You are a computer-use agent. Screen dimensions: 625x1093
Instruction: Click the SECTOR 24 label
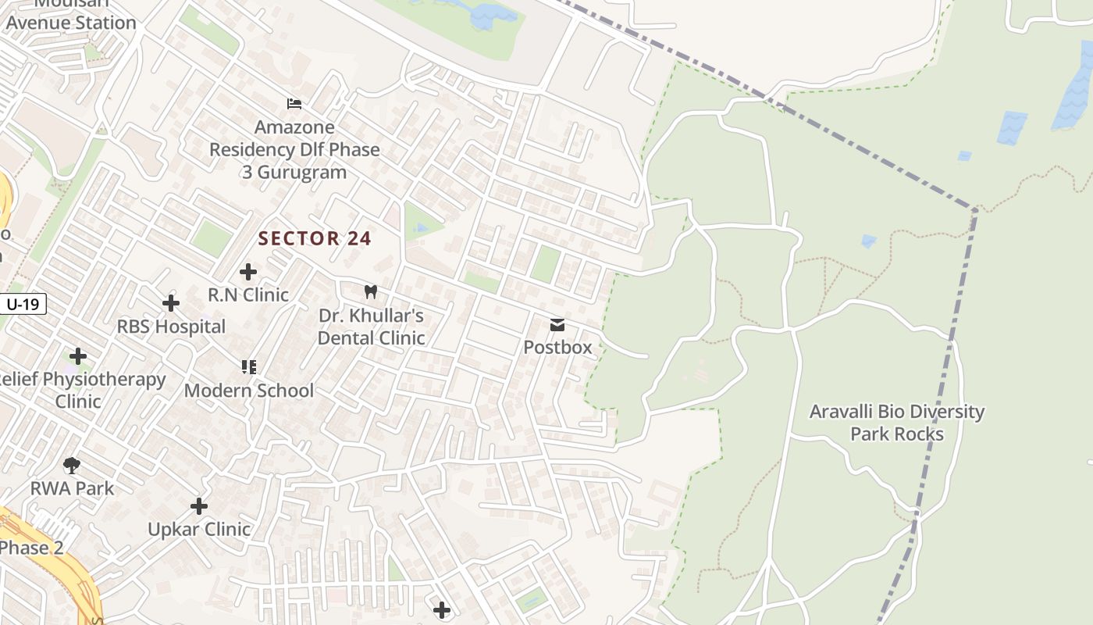pos(315,238)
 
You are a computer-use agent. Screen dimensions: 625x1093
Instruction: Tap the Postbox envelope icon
pos(557,324)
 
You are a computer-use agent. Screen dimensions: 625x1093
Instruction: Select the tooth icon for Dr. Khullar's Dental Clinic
pos(371,292)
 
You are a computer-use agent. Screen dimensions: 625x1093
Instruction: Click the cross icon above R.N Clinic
pos(248,272)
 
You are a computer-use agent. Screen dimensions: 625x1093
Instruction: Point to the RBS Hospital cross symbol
pos(171,303)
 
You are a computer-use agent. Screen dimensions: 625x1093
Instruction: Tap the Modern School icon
pos(249,366)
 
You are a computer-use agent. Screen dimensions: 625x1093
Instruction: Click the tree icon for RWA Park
pos(72,466)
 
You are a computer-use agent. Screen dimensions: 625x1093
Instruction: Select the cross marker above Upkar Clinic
pos(199,506)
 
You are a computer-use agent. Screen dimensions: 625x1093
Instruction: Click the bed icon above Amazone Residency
pos(294,103)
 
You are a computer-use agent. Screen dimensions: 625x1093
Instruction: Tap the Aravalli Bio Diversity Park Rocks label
pos(897,423)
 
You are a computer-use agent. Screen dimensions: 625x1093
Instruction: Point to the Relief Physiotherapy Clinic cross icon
pos(78,356)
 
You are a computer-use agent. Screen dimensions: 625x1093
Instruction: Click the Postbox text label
pos(557,348)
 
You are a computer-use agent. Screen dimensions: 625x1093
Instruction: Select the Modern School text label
pos(249,391)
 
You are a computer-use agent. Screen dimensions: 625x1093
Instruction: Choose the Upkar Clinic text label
pos(199,530)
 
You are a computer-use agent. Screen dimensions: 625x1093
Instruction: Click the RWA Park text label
pos(72,489)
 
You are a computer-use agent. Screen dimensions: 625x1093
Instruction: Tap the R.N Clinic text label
pos(248,295)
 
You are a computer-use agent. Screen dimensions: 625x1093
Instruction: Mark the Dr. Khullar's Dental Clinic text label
pos(371,327)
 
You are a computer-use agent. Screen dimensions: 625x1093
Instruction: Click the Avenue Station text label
pos(71,22)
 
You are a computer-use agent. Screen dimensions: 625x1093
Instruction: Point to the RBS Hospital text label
pos(171,327)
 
